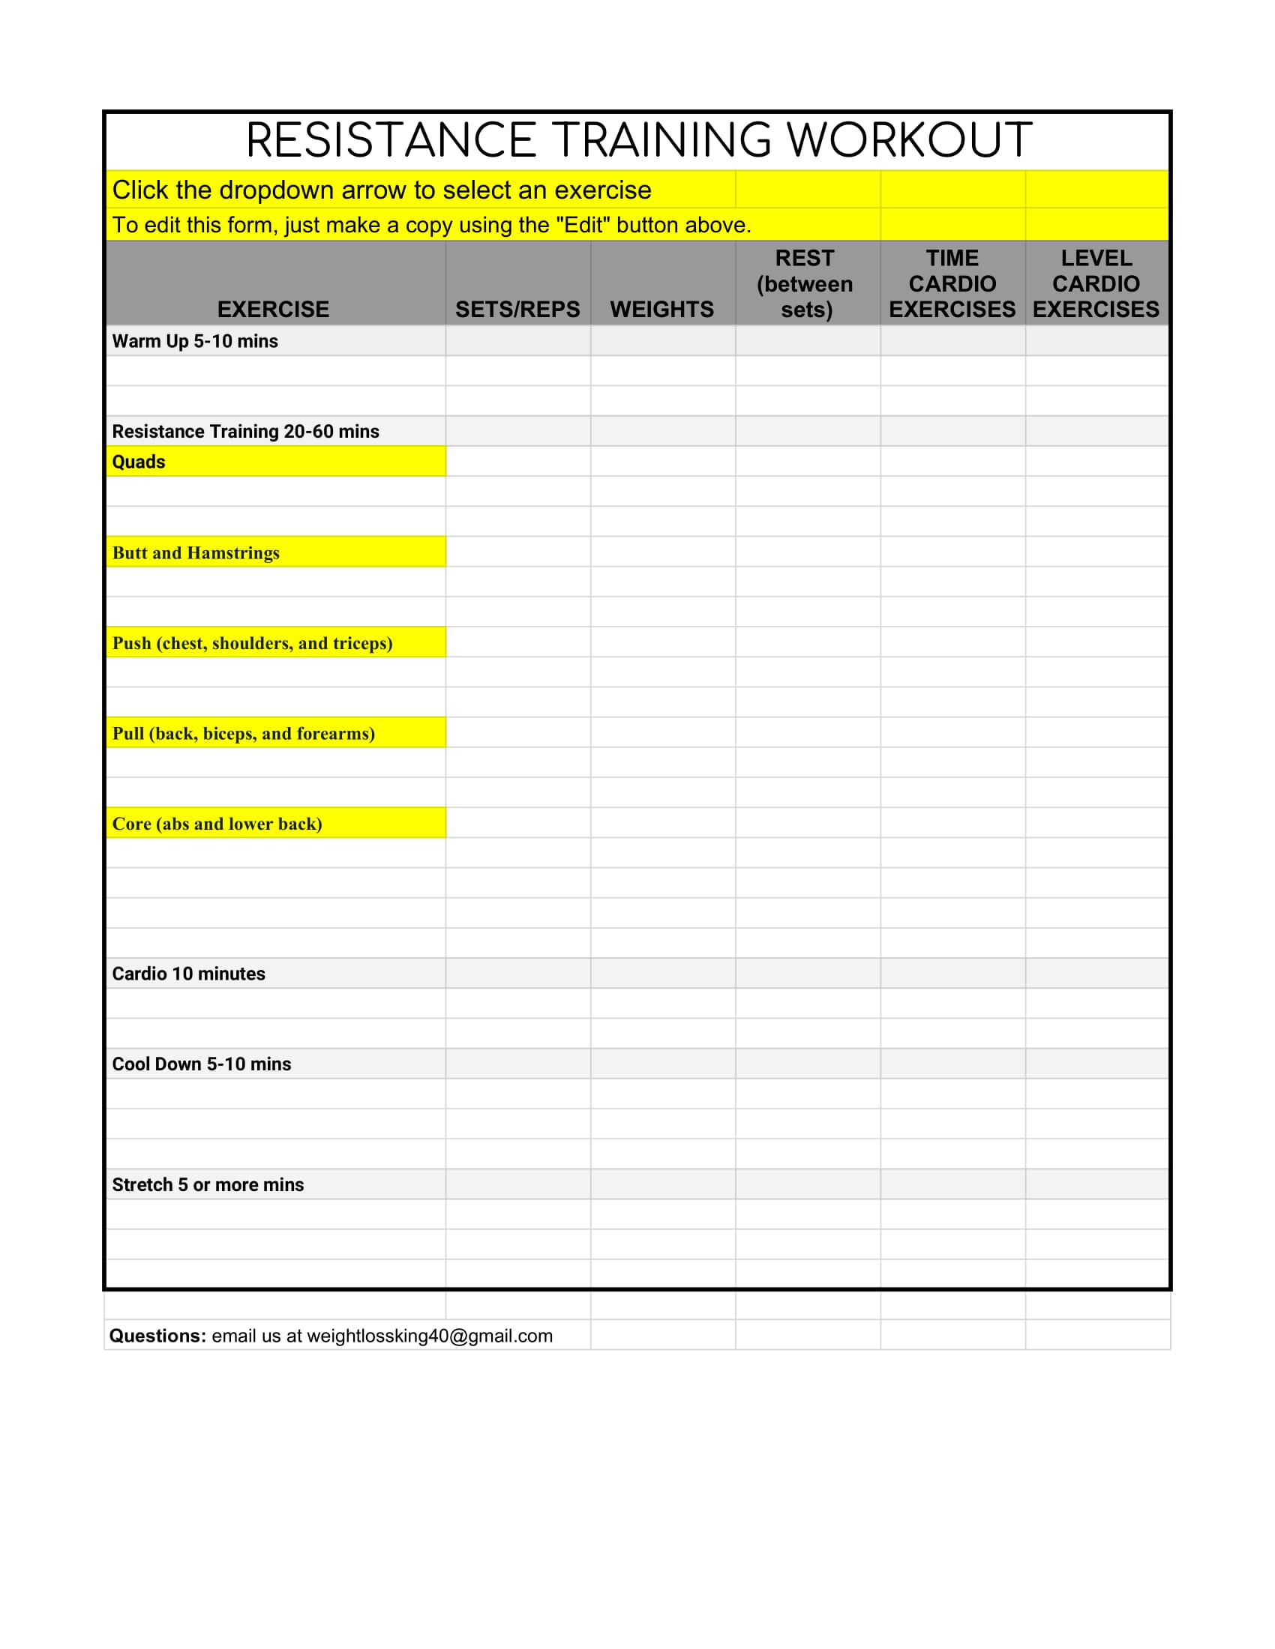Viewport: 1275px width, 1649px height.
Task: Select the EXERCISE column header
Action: click(274, 310)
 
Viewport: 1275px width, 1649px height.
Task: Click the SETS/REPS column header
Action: click(517, 310)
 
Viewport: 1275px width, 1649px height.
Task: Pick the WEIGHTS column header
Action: click(661, 310)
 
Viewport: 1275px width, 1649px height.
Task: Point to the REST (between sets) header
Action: click(805, 284)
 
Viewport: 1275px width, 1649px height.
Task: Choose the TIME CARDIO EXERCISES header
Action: click(952, 284)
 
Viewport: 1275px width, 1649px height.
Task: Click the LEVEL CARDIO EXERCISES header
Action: click(1096, 284)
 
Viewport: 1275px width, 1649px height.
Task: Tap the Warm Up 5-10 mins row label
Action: click(195, 341)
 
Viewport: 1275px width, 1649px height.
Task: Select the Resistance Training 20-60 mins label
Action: click(245, 431)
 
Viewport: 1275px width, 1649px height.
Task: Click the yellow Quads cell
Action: click(276, 461)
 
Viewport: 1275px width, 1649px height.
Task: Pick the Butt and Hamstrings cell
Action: click(276, 552)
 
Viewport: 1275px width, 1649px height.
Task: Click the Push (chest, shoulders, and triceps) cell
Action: click(276, 643)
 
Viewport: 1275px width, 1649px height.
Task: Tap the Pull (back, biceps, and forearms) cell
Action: click(276, 733)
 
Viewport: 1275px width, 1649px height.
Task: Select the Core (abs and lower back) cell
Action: click(276, 824)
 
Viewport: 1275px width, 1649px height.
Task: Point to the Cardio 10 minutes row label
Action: click(189, 974)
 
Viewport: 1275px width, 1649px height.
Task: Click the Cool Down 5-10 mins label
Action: click(202, 1064)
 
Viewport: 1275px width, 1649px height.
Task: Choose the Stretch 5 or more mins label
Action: click(208, 1184)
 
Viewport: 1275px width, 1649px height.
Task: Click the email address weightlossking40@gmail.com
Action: click(430, 1336)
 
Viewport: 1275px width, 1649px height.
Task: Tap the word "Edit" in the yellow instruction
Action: click(582, 225)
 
